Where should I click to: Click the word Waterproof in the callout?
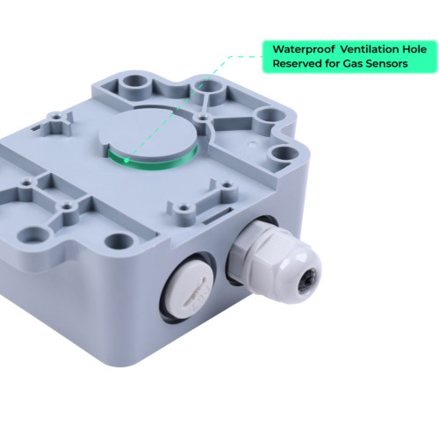click(x=304, y=49)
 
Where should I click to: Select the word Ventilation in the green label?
click(x=371, y=49)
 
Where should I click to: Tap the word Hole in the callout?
click(x=414, y=49)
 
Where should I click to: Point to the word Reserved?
click(x=297, y=63)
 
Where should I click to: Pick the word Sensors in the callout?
click(x=387, y=63)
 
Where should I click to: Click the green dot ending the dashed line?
click(x=126, y=160)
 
